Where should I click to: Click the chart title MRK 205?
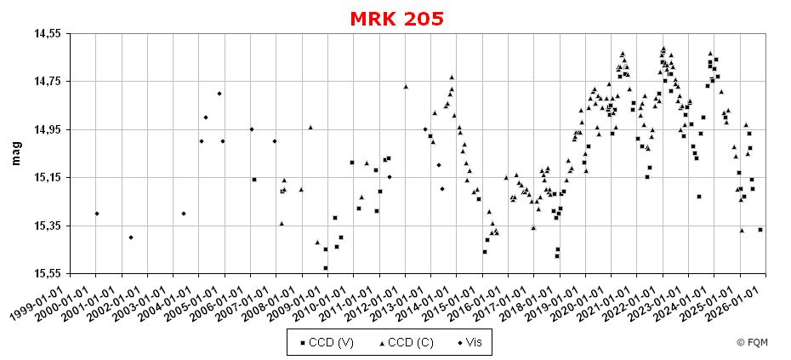tap(396, 19)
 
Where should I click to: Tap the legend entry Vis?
tap(470, 342)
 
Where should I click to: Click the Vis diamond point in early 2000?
tap(97, 214)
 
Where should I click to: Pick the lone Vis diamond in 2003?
tap(184, 214)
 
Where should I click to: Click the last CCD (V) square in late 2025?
tap(760, 230)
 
